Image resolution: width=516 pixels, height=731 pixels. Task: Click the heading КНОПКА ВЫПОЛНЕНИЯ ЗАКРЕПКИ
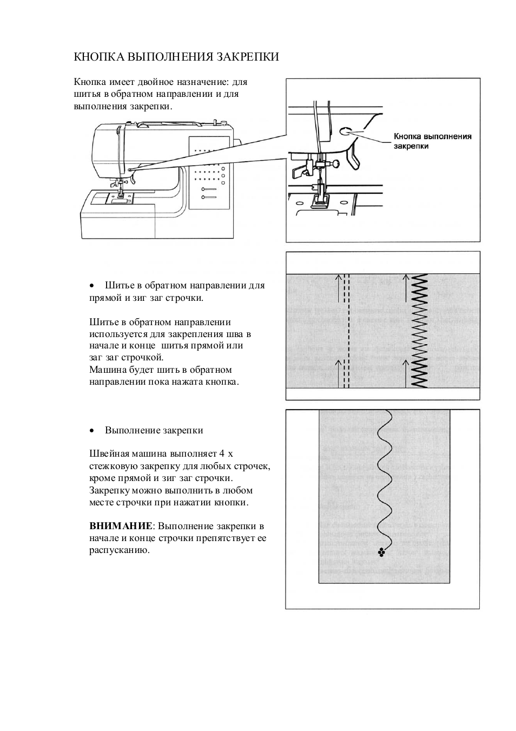(x=176, y=57)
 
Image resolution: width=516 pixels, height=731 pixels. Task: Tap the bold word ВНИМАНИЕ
(x=121, y=526)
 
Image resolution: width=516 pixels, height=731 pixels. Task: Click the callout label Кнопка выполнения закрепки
(x=432, y=141)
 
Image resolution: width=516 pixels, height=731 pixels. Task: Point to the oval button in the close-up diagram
(x=345, y=131)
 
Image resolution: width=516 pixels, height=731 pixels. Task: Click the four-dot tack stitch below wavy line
(x=382, y=552)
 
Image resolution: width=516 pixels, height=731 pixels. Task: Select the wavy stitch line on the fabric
(x=385, y=476)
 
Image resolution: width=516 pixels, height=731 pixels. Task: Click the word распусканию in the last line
(x=119, y=550)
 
